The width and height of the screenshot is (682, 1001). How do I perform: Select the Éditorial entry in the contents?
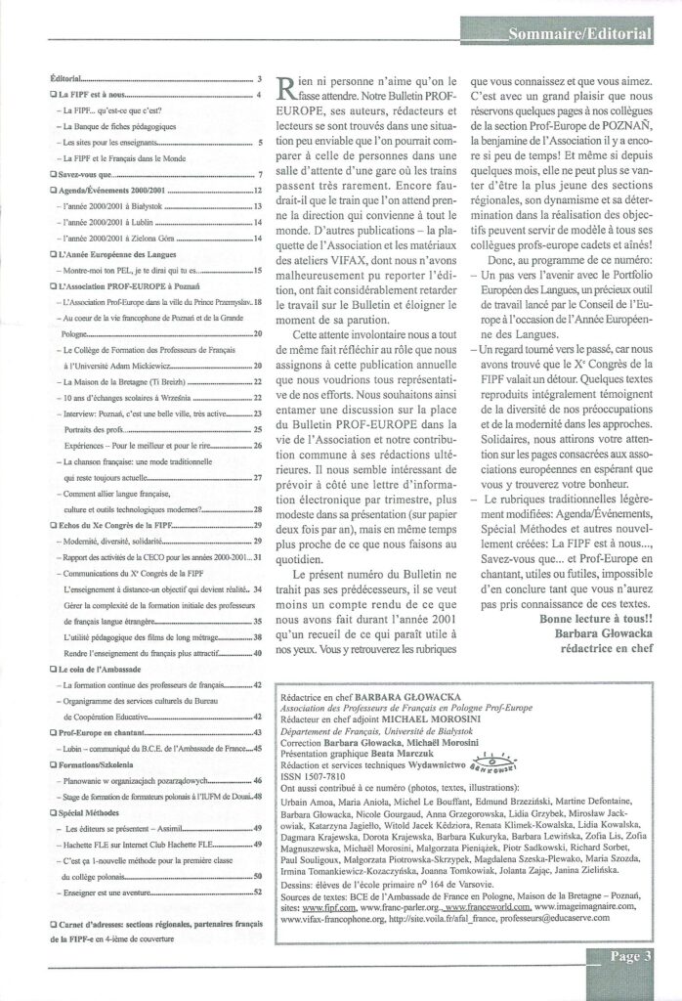pyautogui.click(x=68, y=76)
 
